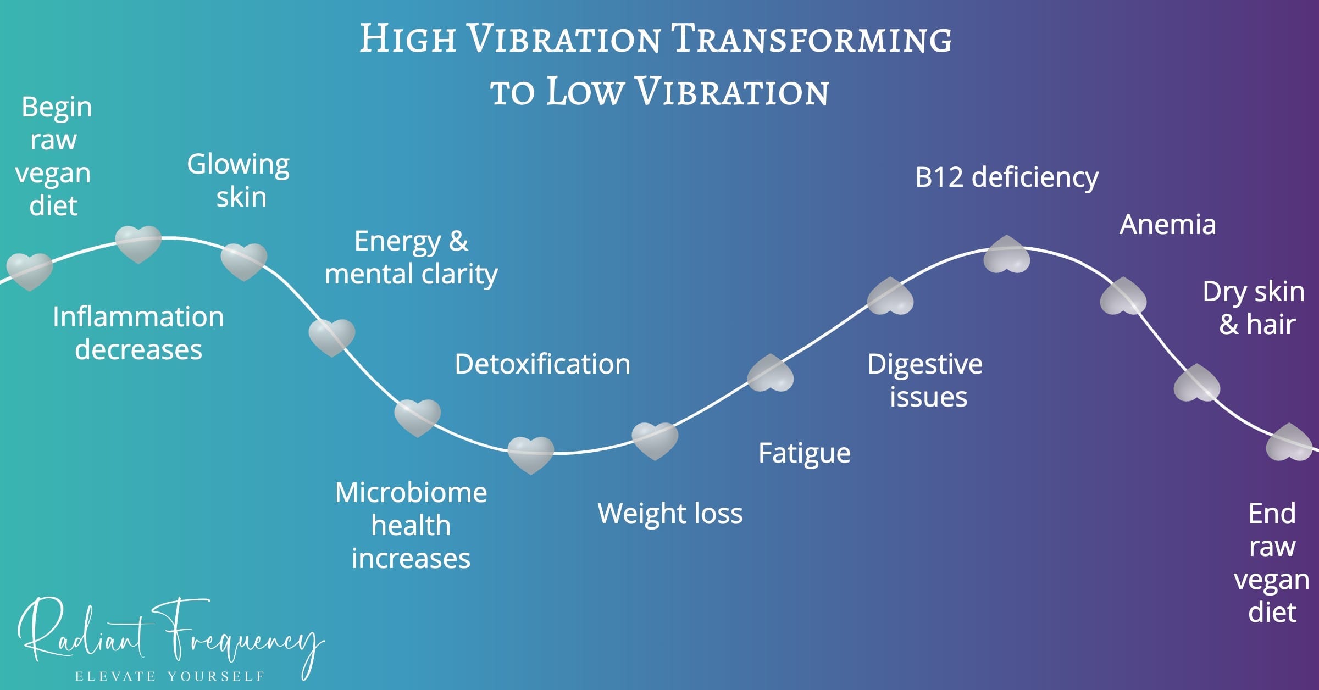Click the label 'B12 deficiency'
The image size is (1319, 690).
(1006, 177)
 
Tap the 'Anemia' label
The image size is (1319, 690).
(1167, 225)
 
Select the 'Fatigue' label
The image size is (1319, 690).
(804, 453)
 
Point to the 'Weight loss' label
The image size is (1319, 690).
(670, 513)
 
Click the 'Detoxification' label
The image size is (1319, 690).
(542, 364)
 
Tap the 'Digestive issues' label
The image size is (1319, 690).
(925, 380)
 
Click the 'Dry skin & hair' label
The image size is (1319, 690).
(1254, 308)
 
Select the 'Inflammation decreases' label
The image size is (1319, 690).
(138, 333)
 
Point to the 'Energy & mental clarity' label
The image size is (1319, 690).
(411, 257)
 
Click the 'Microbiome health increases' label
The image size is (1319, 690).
(411, 525)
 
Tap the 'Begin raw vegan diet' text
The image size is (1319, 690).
(54, 156)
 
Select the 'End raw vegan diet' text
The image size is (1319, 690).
(1272, 563)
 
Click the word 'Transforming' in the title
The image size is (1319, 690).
(812, 40)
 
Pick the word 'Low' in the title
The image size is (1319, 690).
(584, 91)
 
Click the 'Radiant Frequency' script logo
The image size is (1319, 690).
(170, 637)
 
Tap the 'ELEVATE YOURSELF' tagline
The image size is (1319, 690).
(170, 676)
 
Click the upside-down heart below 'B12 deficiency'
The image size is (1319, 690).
(1006, 254)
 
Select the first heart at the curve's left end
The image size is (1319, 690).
(30, 271)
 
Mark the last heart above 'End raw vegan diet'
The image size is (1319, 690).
(1289, 442)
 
